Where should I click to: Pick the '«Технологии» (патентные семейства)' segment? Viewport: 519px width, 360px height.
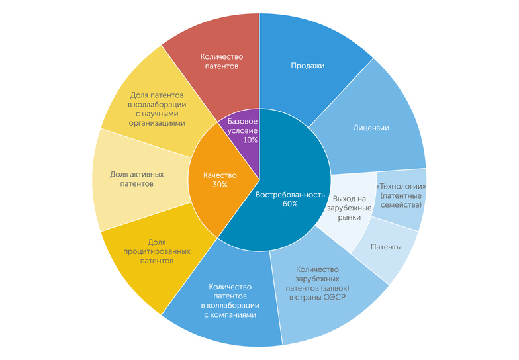[x=400, y=196]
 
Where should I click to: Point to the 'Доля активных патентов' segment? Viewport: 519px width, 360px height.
[x=136, y=179]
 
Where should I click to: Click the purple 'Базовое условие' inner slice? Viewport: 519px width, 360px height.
[x=241, y=129]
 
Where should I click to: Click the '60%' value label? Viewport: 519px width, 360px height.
[x=289, y=204]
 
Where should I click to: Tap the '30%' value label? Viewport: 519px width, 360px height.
[x=220, y=185]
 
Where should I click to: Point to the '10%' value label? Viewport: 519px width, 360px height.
[x=250, y=140]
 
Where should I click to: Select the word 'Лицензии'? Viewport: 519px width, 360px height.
[x=371, y=128]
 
